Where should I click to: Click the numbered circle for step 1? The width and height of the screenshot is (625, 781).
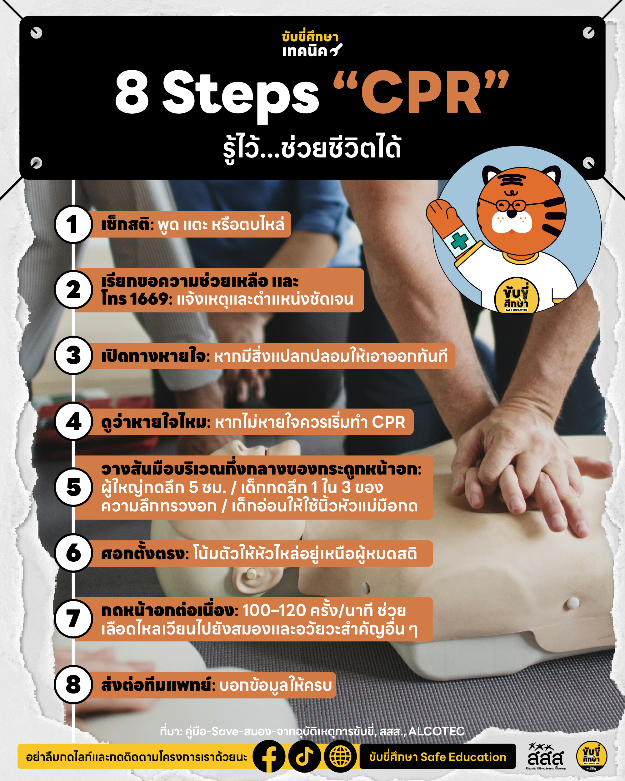click(x=73, y=224)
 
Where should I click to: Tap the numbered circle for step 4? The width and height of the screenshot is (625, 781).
click(x=73, y=421)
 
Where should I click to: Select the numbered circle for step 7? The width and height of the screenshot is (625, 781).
click(x=73, y=619)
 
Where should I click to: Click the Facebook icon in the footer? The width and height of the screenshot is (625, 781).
click(x=269, y=756)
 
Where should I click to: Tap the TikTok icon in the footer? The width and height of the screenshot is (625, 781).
click(x=304, y=756)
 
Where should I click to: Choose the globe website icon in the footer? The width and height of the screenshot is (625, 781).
click(x=340, y=756)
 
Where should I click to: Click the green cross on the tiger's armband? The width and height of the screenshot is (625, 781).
click(x=459, y=241)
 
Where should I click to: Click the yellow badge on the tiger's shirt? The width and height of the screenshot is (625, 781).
click(x=516, y=296)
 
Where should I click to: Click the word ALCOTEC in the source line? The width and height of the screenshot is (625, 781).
click(x=436, y=731)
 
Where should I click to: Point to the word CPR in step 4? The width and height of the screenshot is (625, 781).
click(x=388, y=422)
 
